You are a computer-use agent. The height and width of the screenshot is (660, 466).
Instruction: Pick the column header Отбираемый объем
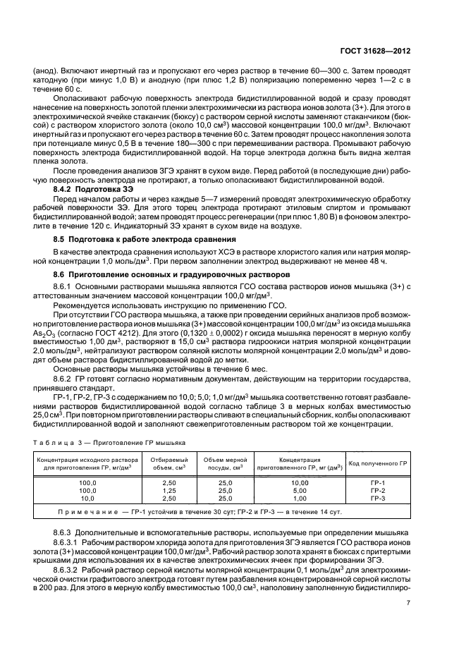click(x=165, y=463)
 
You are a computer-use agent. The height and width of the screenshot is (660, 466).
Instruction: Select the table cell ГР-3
click(x=377, y=498)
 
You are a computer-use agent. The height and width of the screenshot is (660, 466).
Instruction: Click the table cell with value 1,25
click(x=165, y=491)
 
